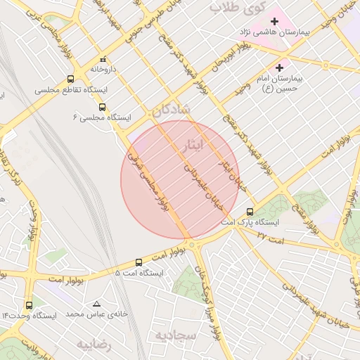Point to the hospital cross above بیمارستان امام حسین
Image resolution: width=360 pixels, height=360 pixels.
(281, 68)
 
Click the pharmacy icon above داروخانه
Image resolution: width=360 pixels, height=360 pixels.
(103, 60)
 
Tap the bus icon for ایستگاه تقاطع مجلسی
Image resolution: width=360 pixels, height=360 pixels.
(70, 79)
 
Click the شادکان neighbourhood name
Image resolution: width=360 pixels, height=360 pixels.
(170, 110)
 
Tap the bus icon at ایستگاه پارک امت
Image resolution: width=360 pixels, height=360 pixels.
(250, 212)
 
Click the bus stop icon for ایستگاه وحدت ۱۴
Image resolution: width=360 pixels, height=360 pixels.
(29, 305)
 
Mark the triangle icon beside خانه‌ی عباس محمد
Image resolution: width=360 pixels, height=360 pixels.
(96, 304)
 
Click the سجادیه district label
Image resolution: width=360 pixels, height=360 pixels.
(176, 335)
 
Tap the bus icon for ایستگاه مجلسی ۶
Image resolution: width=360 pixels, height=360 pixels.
(103, 107)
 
